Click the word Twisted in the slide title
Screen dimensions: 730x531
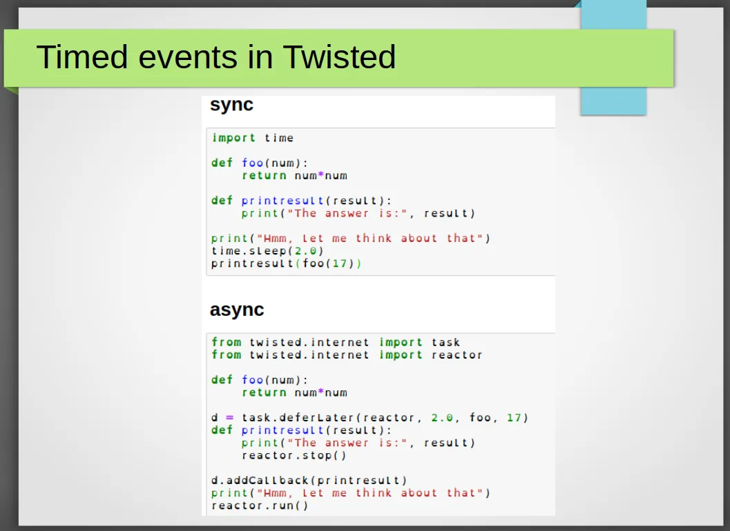(x=339, y=57)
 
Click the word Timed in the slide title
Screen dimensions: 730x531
(x=82, y=57)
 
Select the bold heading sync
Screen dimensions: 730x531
(x=231, y=105)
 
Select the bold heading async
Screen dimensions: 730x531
(x=237, y=310)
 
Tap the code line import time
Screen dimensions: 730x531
(x=253, y=138)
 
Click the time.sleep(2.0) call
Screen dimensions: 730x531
(x=267, y=251)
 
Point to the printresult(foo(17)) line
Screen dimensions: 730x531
(x=287, y=263)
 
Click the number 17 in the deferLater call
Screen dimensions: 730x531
(x=514, y=417)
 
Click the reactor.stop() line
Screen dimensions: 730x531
(x=294, y=455)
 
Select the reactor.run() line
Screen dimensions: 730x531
(x=260, y=505)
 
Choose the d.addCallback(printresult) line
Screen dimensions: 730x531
(x=309, y=481)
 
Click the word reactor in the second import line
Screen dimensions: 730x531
(x=457, y=355)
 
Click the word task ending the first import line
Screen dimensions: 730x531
(x=445, y=343)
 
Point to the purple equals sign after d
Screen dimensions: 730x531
(x=229, y=417)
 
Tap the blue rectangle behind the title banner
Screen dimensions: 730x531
(x=613, y=101)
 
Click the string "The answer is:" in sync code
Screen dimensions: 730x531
(x=347, y=213)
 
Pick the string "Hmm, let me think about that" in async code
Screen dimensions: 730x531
(x=369, y=493)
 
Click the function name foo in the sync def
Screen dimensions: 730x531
(x=252, y=163)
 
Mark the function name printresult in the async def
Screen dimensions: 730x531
(x=282, y=430)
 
